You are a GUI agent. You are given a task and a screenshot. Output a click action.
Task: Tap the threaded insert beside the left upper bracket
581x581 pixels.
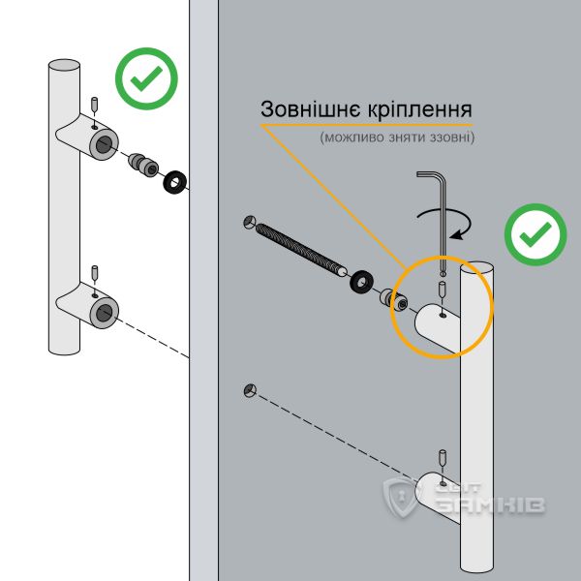(x=144, y=164)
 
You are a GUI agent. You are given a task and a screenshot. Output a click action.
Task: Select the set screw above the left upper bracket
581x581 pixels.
(x=93, y=104)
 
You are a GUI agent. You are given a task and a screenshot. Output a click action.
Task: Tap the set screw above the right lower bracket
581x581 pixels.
(x=443, y=456)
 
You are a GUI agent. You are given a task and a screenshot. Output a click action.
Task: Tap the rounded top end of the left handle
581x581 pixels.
(x=64, y=66)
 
